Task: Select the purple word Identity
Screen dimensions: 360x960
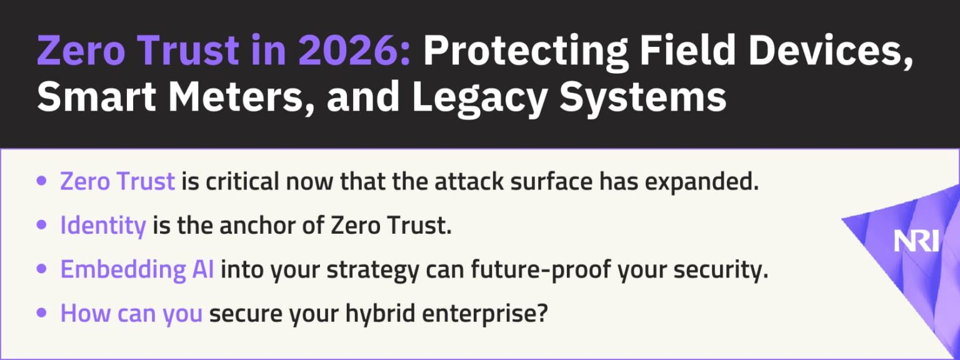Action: tap(102, 226)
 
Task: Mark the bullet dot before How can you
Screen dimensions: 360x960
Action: tap(42, 313)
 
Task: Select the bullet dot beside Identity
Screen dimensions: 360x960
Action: tap(42, 226)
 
